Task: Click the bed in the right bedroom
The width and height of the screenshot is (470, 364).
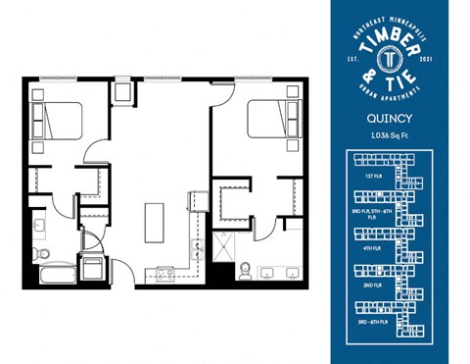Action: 270,120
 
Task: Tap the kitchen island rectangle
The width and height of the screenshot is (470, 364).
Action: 155,222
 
